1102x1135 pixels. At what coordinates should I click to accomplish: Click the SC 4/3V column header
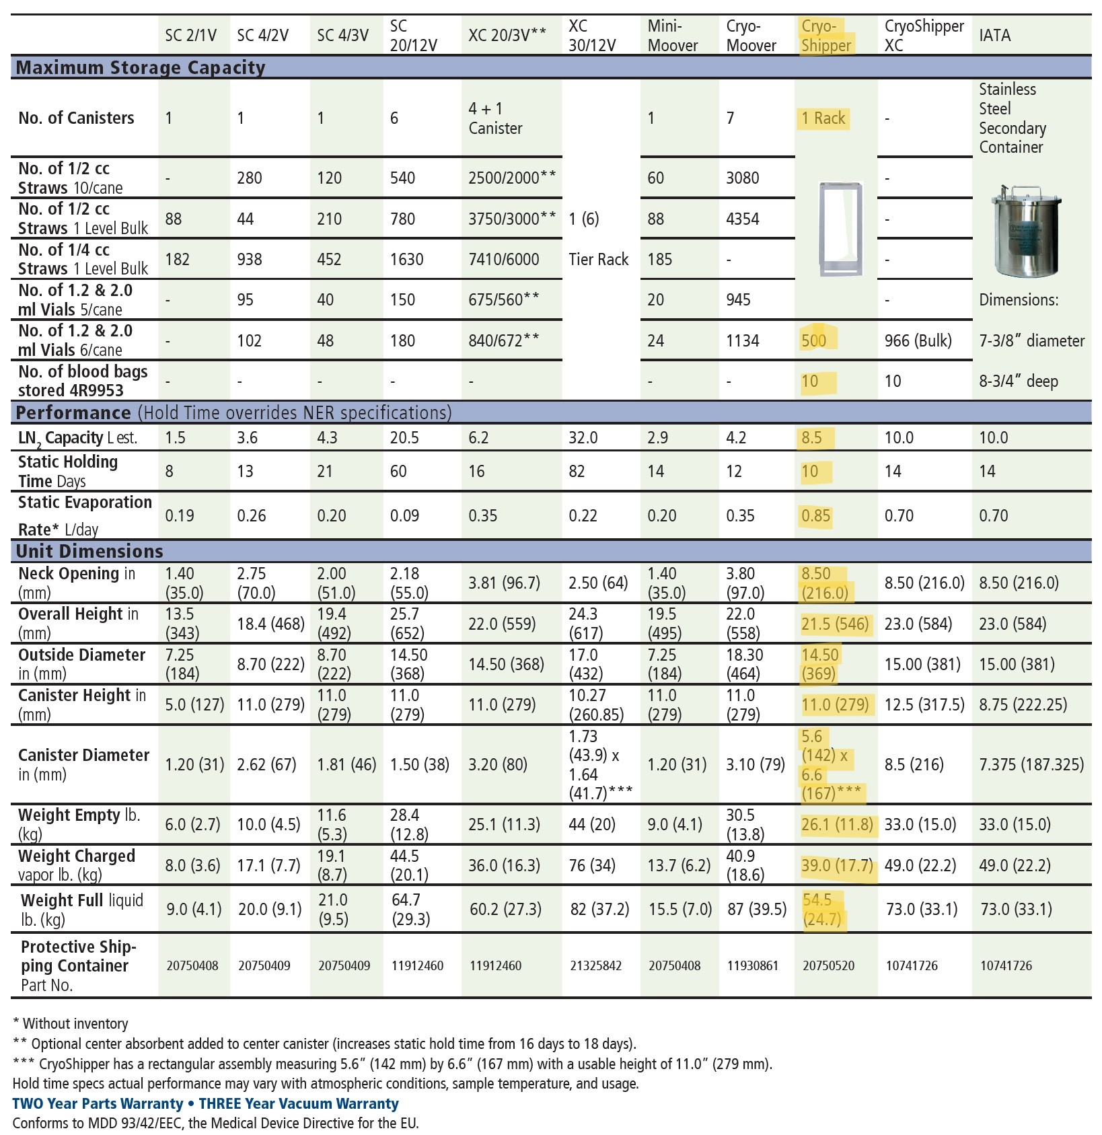tap(342, 35)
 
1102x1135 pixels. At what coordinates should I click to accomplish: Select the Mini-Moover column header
tap(672, 36)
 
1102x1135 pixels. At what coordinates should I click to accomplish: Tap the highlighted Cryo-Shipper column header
tap(826, 36)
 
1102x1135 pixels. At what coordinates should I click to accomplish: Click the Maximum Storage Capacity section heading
tap(140, 67)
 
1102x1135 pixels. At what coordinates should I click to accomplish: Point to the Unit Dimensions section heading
tap(89, 551)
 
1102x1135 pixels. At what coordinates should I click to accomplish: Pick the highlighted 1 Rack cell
tap(823, 118)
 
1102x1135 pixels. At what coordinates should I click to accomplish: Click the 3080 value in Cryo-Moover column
tap(742, 178)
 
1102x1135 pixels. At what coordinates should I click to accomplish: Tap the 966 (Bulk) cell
tap(918, 340)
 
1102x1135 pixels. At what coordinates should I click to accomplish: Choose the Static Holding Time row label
tap(67, 471)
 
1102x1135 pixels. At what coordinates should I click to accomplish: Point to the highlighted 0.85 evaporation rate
tap(815, 516)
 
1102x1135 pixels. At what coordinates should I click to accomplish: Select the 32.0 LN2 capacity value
tap(583, 438)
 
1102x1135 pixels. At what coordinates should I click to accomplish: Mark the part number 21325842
tap(595, 965)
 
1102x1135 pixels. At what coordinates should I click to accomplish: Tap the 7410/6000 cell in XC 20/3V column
tap(503, 259)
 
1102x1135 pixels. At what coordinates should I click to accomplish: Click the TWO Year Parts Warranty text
tap(98, 1103)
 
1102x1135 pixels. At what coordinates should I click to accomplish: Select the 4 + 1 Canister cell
tap(495, 118)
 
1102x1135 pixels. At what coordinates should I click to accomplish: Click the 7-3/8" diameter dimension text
tap(1031, 340)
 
